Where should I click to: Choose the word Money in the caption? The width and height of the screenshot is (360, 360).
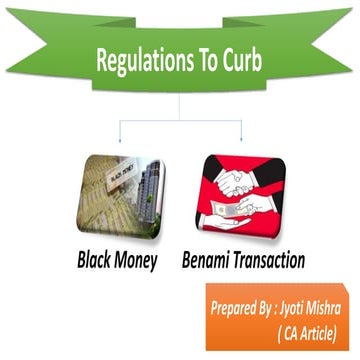[x=145, y=262]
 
